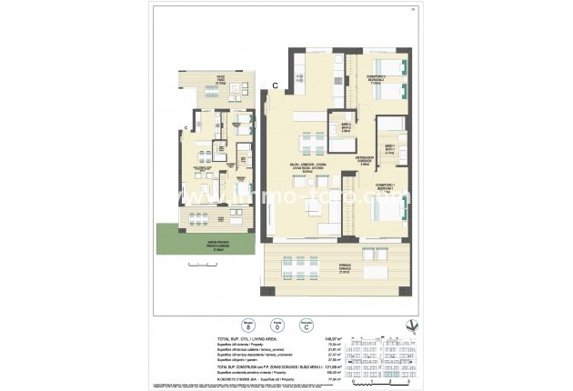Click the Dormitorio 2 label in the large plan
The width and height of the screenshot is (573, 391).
tap(374, 78)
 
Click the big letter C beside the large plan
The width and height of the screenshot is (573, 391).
tap(275, 85)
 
